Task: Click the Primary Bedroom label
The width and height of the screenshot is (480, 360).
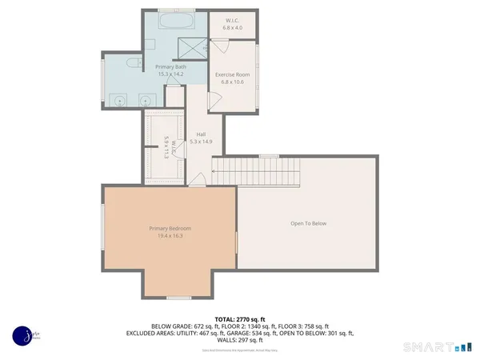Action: [x=170, y=228]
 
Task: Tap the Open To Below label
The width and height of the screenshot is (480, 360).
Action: [x=308, y=223]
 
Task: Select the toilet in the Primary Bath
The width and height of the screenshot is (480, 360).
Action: [x=133, y=62]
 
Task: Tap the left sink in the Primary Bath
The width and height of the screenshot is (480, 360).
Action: [x=120, y=101]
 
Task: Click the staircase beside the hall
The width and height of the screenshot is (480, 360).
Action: [x=254, y=170]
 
